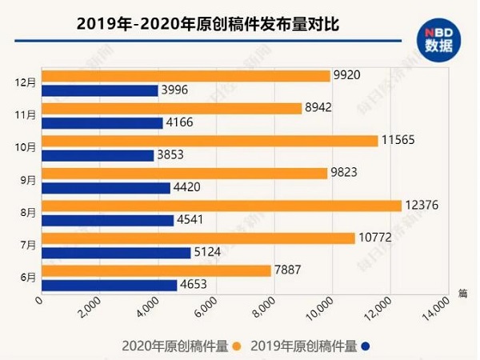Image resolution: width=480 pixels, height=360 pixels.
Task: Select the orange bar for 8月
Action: [x=221, y=206]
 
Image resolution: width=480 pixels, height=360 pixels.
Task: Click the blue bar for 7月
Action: [x=116, y=253]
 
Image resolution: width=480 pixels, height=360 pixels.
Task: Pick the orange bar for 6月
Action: [x=156, y=270]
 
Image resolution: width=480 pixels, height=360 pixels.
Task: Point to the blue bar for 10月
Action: [x=97, y=155]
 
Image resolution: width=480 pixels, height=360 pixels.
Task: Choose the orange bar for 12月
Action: [x=185, y=75]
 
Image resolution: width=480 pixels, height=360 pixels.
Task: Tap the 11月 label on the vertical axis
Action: [x=26, y=115]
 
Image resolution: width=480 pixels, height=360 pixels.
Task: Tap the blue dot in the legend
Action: [x=365, y=346]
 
